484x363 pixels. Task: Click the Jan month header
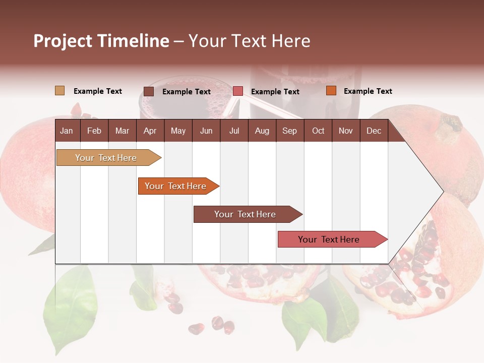click(67, 131)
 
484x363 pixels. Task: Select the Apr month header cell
click(150, 131)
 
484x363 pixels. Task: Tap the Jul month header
click(234, 131)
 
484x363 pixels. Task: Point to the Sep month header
click(289, 131)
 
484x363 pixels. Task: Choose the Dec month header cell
click(374, 131)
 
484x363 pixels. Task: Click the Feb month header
click(94, 131)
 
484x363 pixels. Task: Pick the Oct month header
click(318, 131)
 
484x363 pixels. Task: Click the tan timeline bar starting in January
click(106, 158)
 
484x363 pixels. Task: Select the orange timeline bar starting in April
click(175, 186)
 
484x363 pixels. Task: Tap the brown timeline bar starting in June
click(245, 214)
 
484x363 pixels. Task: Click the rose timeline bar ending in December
click(329, 239)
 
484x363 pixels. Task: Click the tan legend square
click(59, 91)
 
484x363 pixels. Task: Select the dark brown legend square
click(149, 91)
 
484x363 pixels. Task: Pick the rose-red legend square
click(238, 91)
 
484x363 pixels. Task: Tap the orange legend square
click(331, 91)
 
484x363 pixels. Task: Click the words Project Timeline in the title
click(101, 41)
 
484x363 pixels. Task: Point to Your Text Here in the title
click(249, 41)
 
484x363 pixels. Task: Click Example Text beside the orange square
click(368, 91)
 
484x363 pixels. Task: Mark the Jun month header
click(206, 131)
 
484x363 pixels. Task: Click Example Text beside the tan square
click(98, 91)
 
